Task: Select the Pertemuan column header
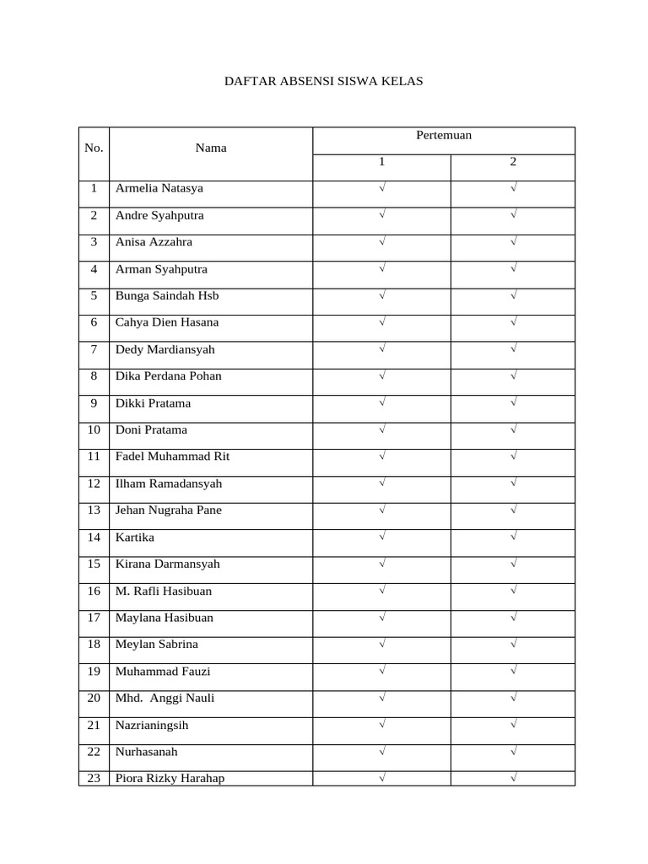coord(444,135)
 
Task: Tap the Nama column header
coord(211,148)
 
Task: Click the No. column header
coord(94,148)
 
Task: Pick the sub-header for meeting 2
coord(513,162)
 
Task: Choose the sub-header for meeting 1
coord(381,162)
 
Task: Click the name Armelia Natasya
coord(159,188)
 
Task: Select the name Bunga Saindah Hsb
coord(166,295)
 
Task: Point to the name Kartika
coord(135,537)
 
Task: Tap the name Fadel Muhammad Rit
coord(172,456)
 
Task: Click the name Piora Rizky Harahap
coord(170,778)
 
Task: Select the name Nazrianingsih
coord(152,725)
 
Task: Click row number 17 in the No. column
coord(94,618)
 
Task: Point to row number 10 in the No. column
coord(94,429)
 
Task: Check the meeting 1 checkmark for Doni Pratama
coord(382,429)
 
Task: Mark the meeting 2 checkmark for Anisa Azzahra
coord(513,241)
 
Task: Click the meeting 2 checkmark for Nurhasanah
coord(513,751)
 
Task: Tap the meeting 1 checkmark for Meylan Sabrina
coord(382,644)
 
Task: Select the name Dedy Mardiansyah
coord(165,349)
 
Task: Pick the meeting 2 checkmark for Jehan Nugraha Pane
coord(513,510)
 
